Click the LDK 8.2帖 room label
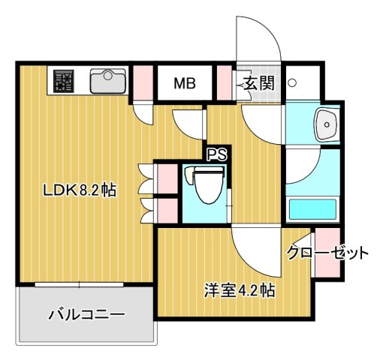tap(78, 190)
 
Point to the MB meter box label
tap(185, 82)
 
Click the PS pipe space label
tap(217, 156)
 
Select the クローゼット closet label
tap(328, 253)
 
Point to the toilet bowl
tap(205, 187)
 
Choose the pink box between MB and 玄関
tap(223, 82)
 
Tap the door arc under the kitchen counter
tap(141, 111)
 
